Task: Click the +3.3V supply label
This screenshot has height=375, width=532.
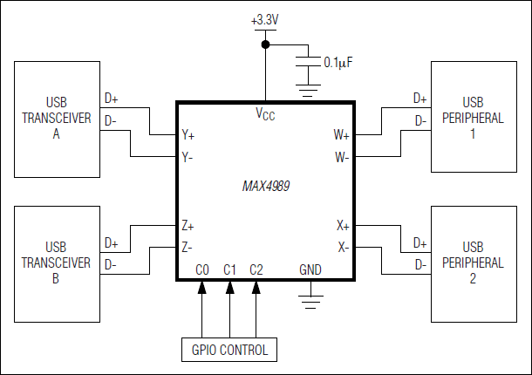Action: point(266,17)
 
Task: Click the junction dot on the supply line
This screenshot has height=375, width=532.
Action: point(266,43)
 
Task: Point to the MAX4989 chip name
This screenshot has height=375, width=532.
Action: point(266,187)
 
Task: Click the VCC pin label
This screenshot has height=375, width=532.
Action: point(265,114)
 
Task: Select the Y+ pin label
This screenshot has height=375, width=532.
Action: point(188,136)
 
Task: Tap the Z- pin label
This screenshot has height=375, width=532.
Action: point(188,247)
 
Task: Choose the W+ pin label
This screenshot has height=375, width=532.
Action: point(341,136)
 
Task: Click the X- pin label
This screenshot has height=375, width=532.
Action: point(343,247)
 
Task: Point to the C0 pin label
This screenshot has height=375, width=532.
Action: point(203,269)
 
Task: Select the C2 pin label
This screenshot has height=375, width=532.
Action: point(256,269)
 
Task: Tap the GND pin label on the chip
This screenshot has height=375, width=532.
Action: point(310,269)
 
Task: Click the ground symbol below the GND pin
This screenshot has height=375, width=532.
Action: point(306,301)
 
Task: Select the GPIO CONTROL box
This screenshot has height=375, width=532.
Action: point(229,351)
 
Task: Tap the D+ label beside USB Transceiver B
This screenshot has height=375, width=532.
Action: point(111,242)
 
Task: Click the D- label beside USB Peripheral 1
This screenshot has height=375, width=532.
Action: point(421,120)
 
